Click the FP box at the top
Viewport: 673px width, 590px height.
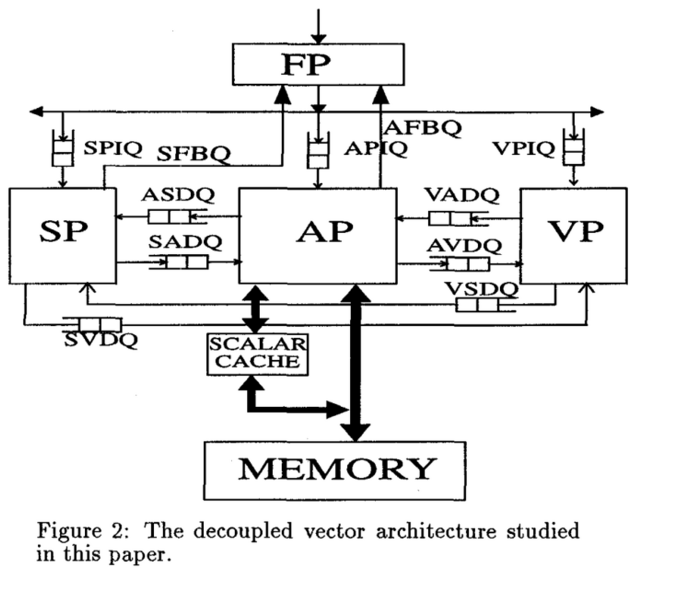(318, 64)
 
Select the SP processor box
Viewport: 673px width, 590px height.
(63, 236)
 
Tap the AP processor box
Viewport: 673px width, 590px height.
(318, 236)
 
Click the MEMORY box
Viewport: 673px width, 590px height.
(335, 470)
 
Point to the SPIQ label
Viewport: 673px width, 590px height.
(112, 149)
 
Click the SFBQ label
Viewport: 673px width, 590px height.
(193, 154)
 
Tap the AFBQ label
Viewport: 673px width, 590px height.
(423, 128)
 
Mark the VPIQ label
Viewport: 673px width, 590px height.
(523, 149)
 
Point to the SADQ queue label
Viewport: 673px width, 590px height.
(185, 242)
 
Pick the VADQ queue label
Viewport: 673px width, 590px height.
(462, 195)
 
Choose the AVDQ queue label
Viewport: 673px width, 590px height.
(464, 246)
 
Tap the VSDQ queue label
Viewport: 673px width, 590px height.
(481, 289)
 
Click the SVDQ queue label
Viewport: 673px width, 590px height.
(100, 340)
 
